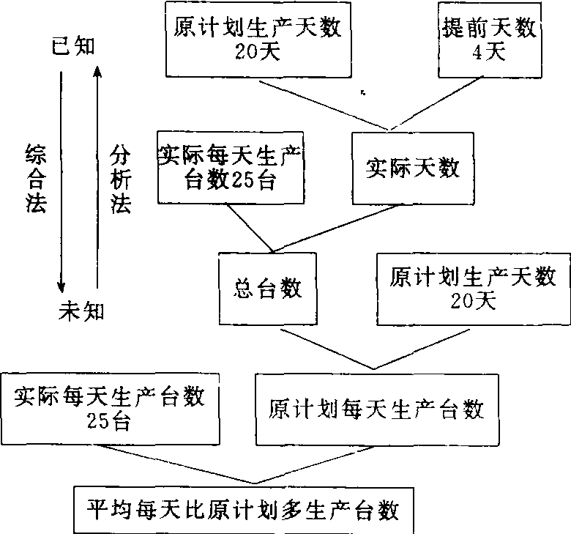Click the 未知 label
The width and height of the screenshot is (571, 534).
pyautogui.click(x=81, y=311)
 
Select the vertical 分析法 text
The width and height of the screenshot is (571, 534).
pyautogui.click(x=120, y=179)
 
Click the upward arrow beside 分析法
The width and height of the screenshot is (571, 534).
pyautogui.click(x=97, y=176)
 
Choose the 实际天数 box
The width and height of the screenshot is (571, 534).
pyautogui.click(x=413, y=168)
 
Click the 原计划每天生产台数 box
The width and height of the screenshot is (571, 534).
pyautogui.click(x=376, y=408)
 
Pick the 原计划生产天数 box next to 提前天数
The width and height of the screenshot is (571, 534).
pyautogui.click(x=260, y=38)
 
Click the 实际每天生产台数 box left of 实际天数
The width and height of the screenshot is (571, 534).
pyautogui.click(x=231, y=167)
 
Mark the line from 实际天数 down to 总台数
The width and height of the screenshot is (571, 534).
pyautogui.click(x=337, y=226)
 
